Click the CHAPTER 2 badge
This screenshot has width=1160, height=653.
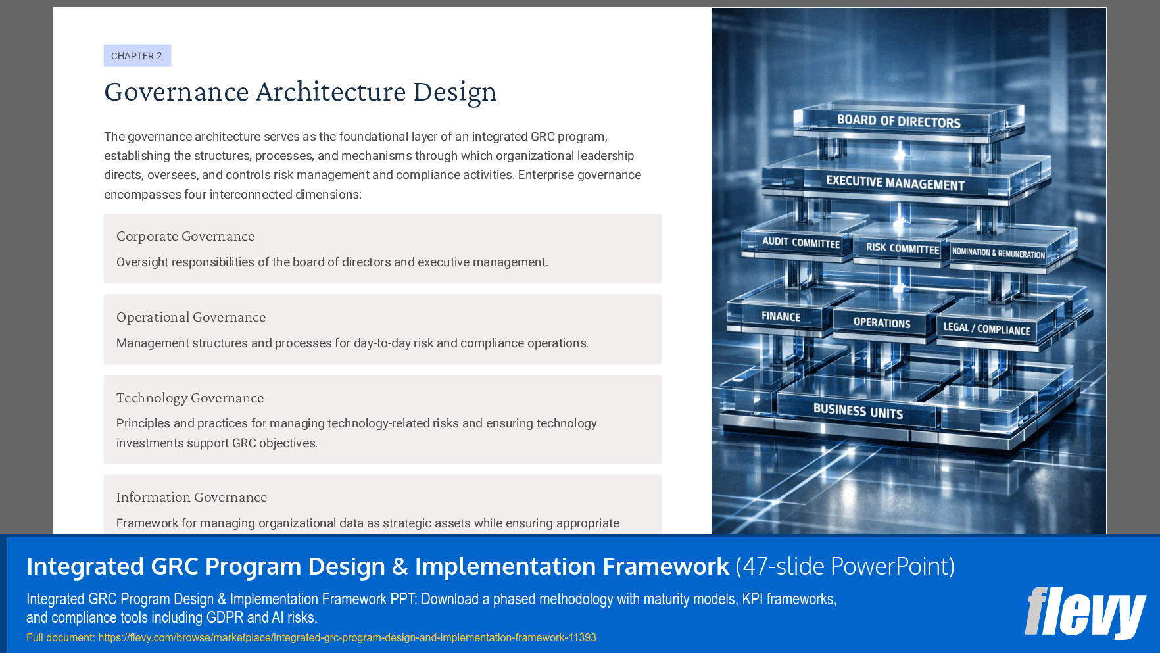137,56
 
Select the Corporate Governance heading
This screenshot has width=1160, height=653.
185,236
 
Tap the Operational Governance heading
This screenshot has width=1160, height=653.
191,317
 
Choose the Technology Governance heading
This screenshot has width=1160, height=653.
190,398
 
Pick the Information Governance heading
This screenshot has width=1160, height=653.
191,497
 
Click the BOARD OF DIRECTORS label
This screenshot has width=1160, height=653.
898,121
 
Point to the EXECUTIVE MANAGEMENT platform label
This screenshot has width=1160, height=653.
895,183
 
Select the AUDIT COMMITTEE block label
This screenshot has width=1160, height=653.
800,243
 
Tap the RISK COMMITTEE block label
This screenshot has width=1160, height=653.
902,249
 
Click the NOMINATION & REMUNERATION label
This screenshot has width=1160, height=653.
998,253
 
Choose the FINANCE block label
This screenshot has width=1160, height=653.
781,316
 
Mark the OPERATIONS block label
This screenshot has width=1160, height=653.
882,323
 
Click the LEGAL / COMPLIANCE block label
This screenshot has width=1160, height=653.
986,329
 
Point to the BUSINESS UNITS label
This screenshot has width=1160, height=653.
858,412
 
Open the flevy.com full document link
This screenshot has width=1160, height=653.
347,637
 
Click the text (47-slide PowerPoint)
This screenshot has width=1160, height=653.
845,566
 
